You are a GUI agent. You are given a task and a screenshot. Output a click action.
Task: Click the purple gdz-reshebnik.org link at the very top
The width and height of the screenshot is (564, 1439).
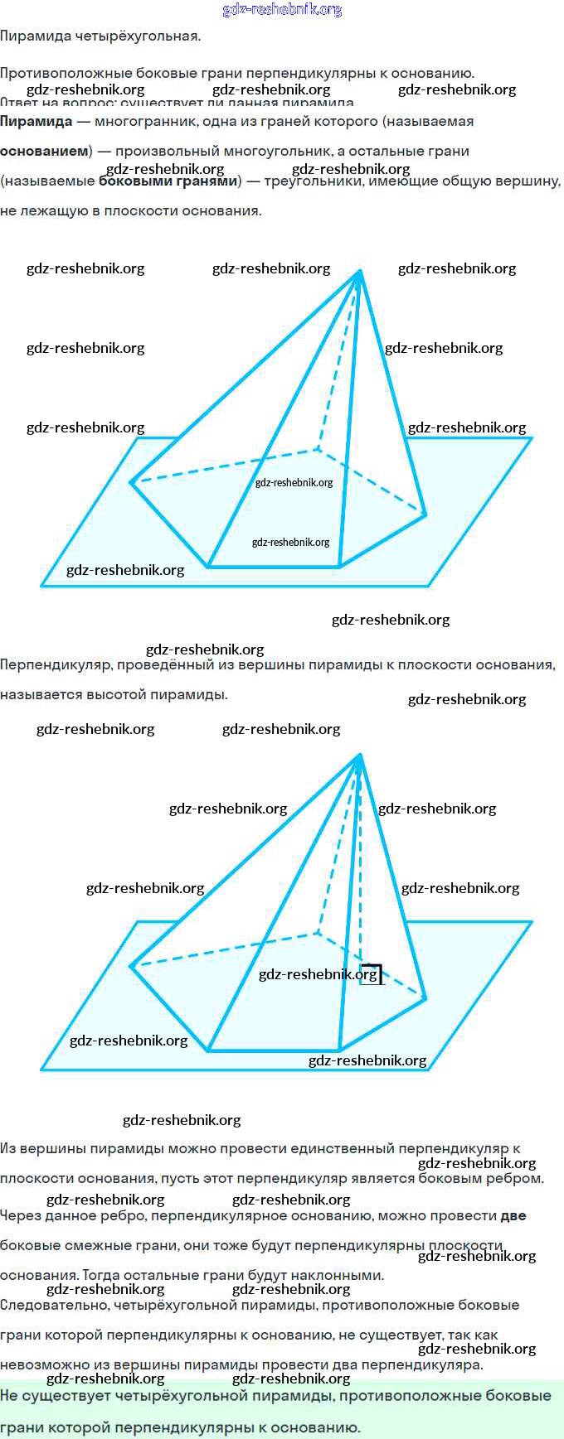point(282,10)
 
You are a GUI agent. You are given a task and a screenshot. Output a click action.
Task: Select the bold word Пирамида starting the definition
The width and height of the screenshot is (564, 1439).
point(36,122)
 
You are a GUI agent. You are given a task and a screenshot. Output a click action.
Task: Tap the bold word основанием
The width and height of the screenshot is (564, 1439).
point(44,152)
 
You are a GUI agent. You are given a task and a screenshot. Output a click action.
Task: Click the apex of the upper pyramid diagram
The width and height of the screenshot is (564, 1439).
point(360,271)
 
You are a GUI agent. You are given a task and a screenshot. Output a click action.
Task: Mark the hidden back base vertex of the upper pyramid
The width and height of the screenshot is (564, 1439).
point(318,450)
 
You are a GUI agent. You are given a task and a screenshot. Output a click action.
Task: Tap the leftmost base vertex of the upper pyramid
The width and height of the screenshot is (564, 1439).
point(131,482)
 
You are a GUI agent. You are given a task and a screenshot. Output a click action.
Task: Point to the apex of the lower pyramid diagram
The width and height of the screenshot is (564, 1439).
point(360,755)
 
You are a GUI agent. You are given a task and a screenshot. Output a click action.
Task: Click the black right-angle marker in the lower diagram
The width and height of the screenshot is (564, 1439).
point(372,973)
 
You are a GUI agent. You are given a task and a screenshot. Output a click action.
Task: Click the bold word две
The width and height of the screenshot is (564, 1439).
point(513,1216)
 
